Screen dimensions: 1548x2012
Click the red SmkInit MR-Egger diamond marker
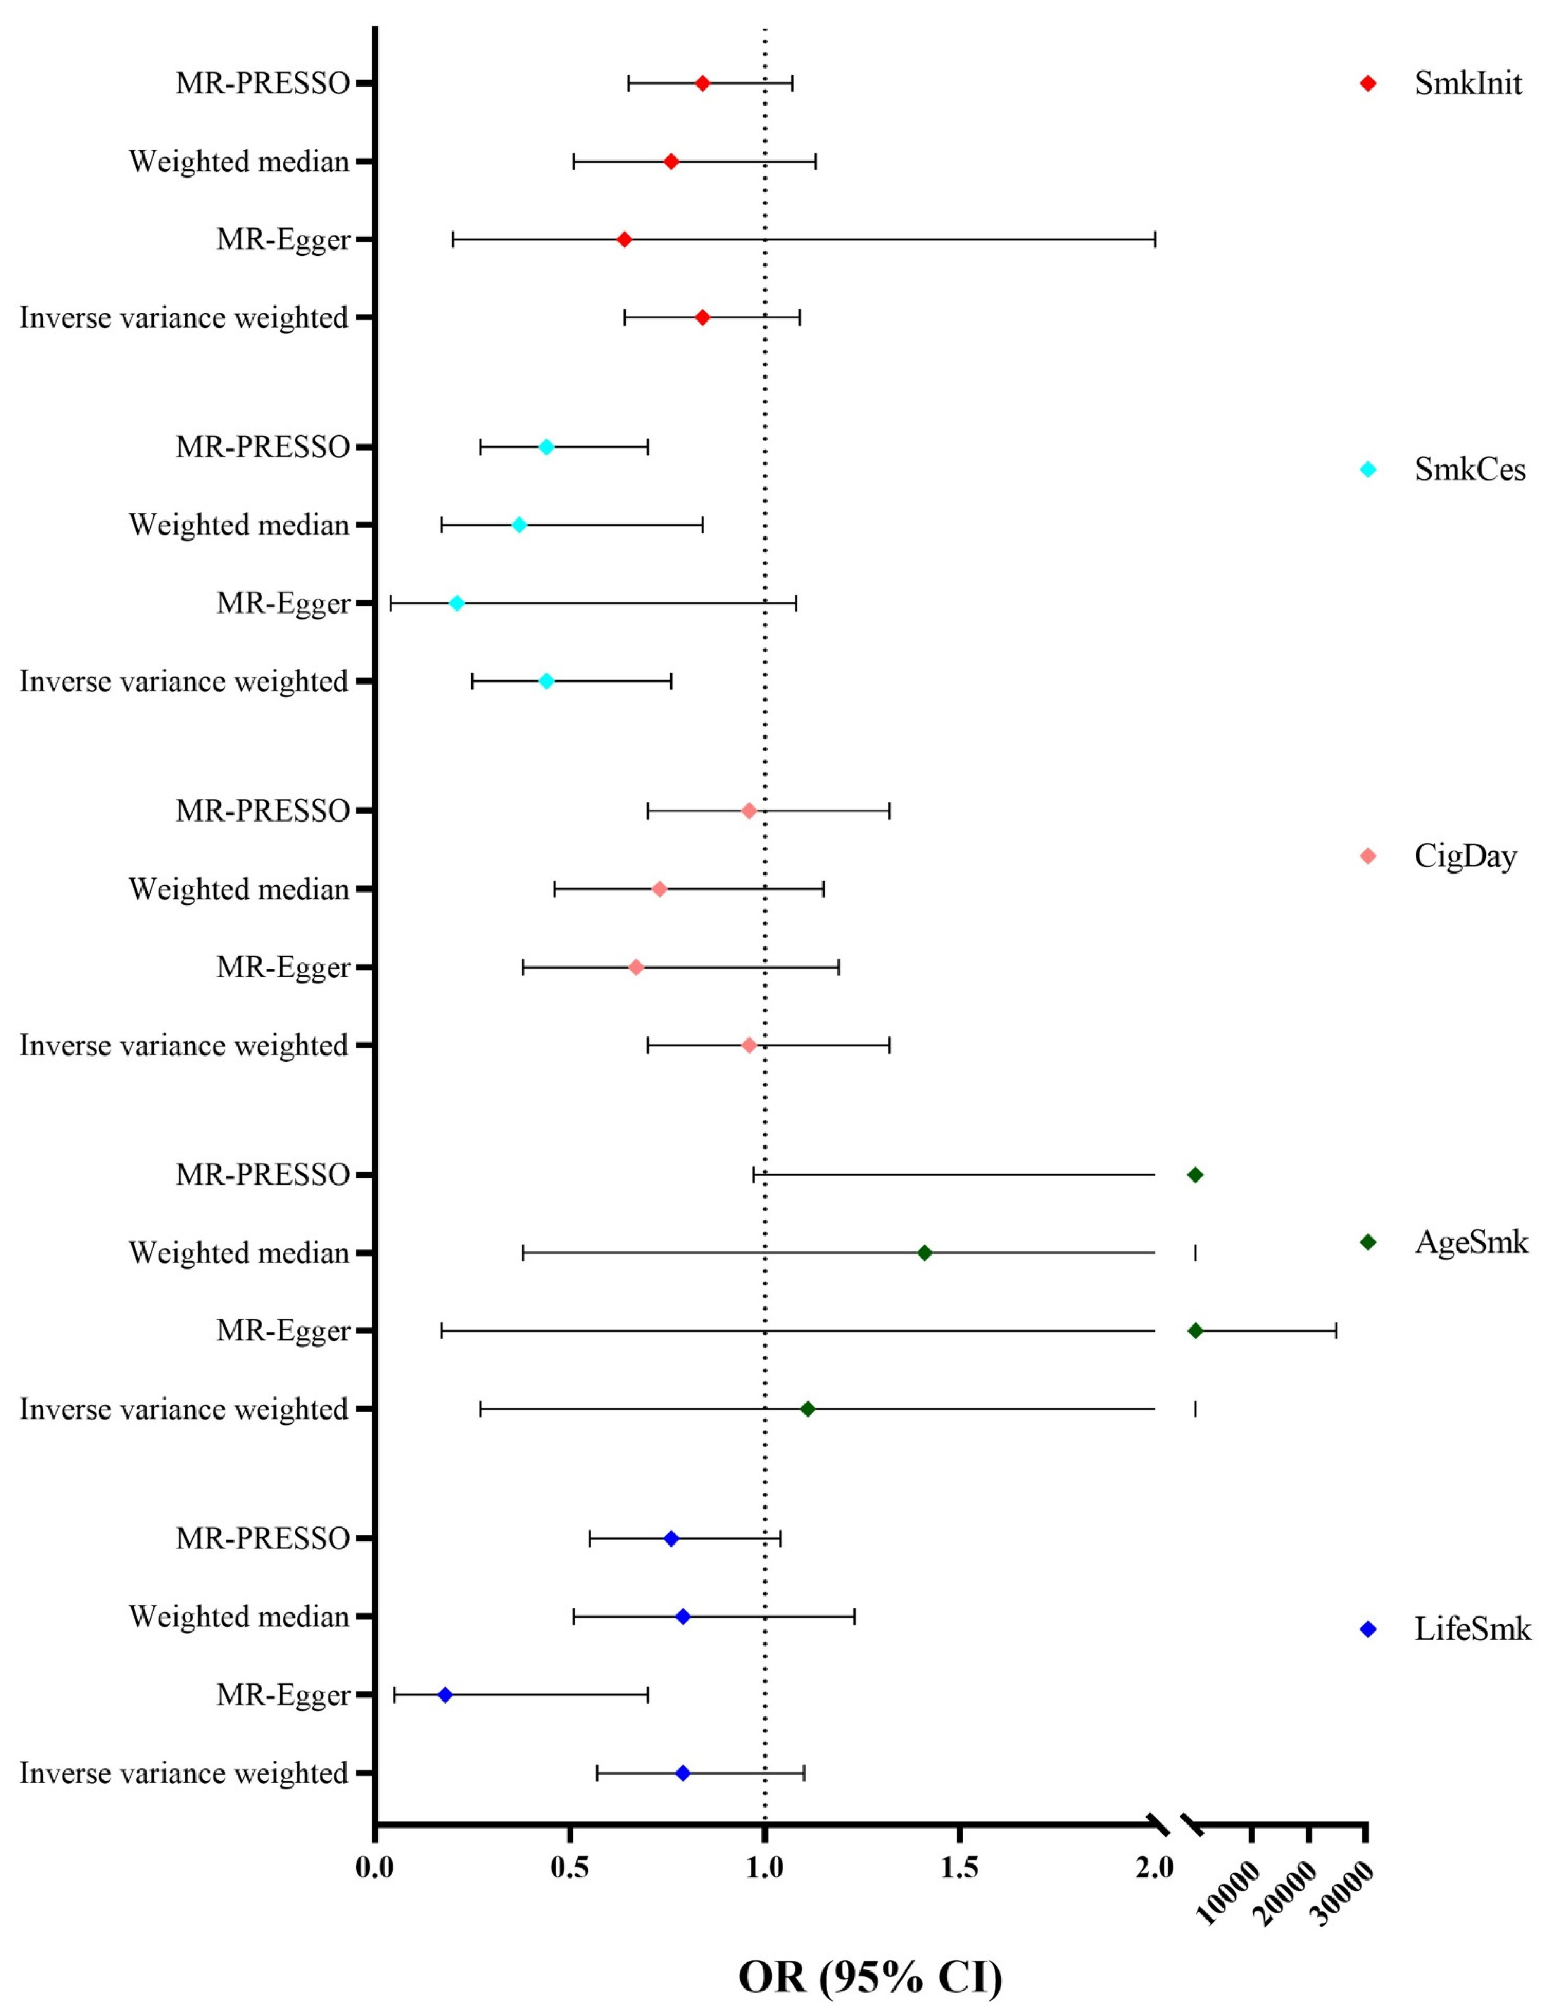[623, 240]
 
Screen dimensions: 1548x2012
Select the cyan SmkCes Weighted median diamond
[518, 525]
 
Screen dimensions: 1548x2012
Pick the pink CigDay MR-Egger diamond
[635, 967]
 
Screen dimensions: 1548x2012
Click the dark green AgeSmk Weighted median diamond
[925, 1253]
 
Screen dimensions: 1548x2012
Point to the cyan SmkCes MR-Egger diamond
[456, 604]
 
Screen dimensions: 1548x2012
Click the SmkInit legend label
[1468, 84]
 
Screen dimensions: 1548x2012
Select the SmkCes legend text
[1470, 470]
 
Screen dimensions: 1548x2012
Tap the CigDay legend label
[1465, 857]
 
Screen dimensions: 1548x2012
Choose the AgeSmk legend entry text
[1470, 1243]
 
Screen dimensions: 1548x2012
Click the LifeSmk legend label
[1472, 1629]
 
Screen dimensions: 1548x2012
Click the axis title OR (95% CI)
[870, 1975]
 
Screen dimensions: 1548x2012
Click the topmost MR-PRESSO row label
[262, 84]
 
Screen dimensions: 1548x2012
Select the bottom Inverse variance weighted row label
[184, 1773]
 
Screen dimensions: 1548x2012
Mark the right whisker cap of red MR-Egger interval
[1155, 240]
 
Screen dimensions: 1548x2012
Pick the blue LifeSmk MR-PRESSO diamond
[670, 1538]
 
